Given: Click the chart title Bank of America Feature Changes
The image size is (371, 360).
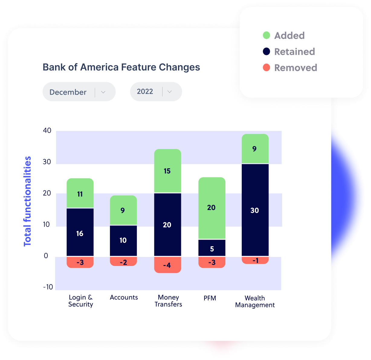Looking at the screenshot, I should tap(121, 67).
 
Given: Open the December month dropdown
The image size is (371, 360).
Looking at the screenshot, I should tap(79, 92).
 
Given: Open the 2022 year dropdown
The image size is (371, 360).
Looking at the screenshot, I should tap(156, 92).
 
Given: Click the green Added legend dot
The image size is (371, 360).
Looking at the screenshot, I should tap(266, 35).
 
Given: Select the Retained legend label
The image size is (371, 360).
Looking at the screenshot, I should tap(294, 52).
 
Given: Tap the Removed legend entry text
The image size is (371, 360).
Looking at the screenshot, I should tap(295, 68).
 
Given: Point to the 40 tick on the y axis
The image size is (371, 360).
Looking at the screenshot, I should tap(47, 131).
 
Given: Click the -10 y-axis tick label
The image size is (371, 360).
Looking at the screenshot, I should tap(48, 287).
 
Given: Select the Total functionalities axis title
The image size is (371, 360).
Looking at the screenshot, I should tap(27, 201).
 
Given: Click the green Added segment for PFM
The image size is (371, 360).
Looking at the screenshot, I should tap(212, 208).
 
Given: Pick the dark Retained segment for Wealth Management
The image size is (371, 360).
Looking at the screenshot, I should tap(255, 210).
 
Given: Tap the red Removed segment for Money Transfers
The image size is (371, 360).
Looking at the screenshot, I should tap(167, 265).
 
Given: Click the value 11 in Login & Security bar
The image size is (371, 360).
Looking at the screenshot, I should tap(80, 194).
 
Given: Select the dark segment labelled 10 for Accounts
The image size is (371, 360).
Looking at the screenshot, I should tap(123, 240).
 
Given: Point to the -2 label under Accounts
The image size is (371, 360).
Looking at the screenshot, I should tap(123, 262).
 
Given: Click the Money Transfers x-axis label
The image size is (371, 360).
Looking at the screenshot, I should tap(168, 301).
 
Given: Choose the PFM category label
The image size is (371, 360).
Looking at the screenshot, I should tap(210, 298).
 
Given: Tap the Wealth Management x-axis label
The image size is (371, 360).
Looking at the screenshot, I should tap(255, 301).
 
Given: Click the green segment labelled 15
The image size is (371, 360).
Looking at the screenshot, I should tap(167, 171).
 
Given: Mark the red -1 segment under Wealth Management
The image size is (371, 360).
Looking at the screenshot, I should tap(255, 260).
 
